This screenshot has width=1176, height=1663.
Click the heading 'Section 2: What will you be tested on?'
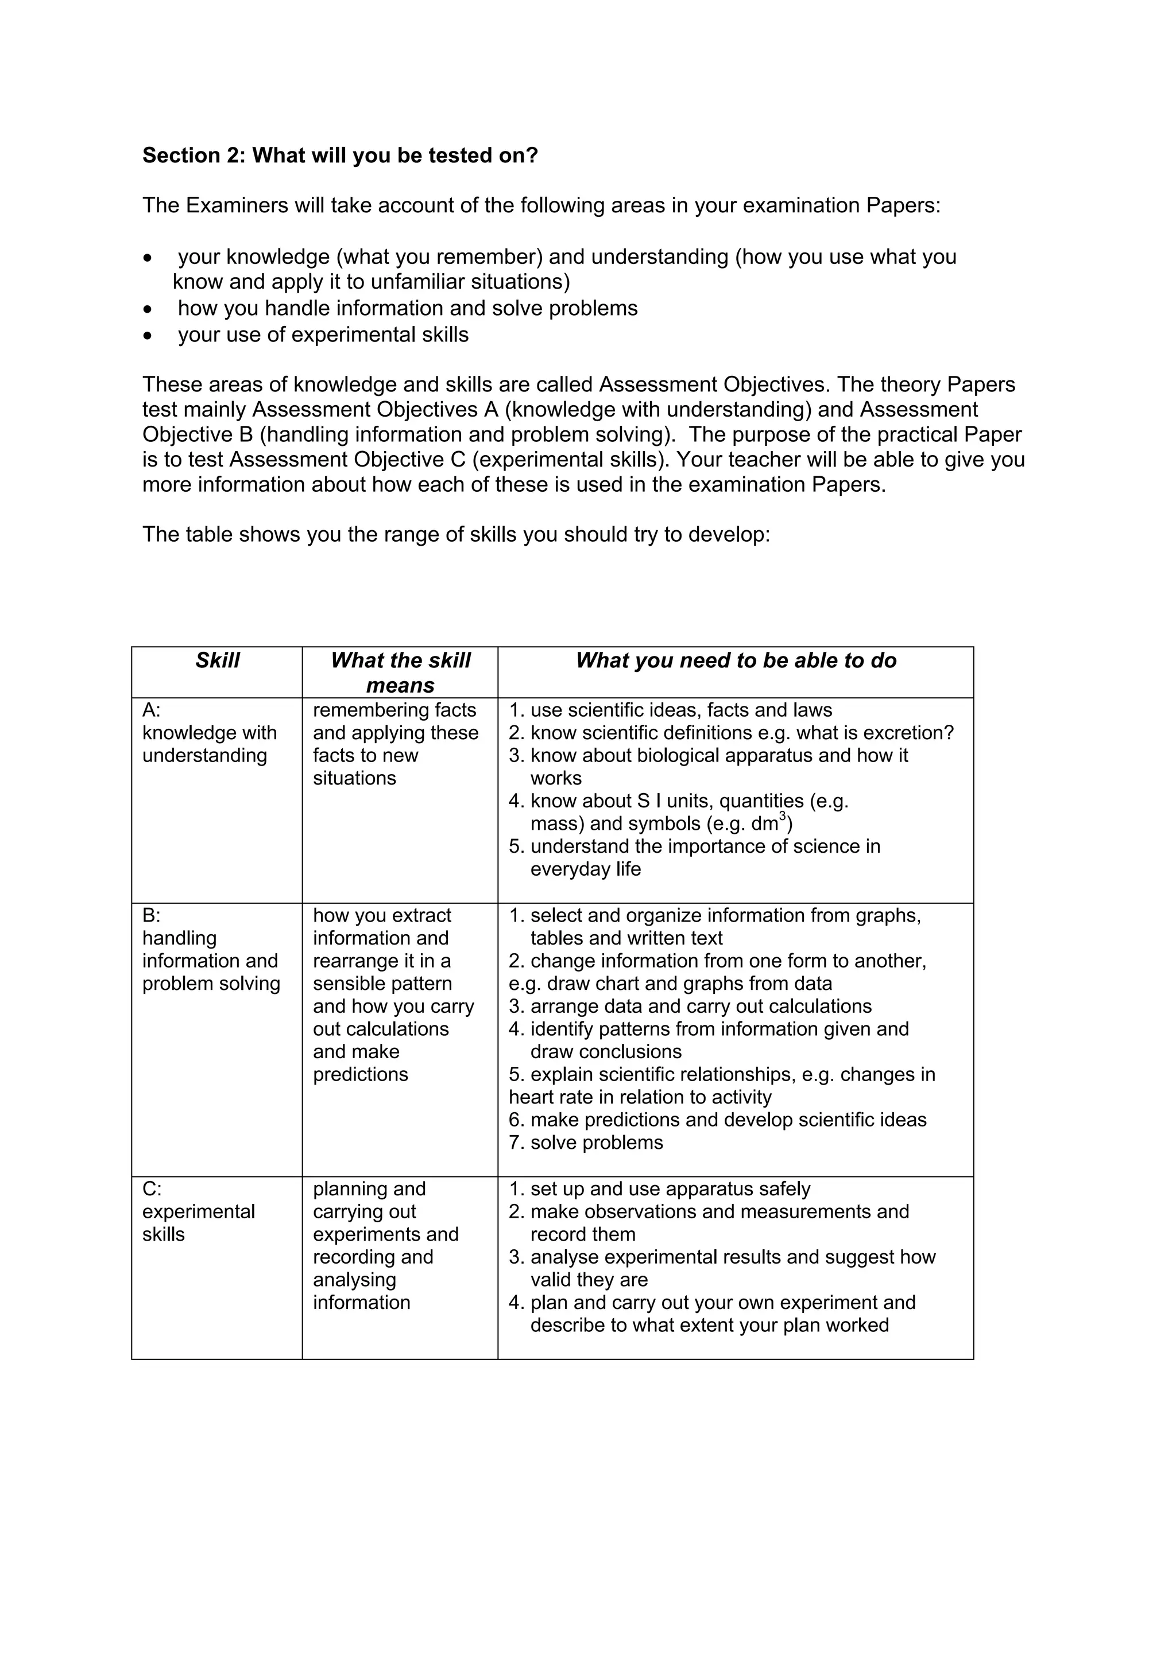(340, 155)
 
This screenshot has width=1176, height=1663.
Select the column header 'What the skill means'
(400, 672)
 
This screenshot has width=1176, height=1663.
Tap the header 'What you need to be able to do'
(736, 660)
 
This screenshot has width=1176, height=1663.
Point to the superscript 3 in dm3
(783, 816)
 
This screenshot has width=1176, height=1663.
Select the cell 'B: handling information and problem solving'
(210, 950)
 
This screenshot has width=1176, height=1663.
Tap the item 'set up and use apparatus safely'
(670, 1188)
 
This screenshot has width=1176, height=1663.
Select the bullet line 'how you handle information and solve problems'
(407, 309)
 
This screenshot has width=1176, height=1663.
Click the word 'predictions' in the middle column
(360, 1074)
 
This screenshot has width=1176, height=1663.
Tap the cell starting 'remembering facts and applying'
(395, 744)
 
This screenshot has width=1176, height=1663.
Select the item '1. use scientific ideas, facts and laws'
(670, 710)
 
